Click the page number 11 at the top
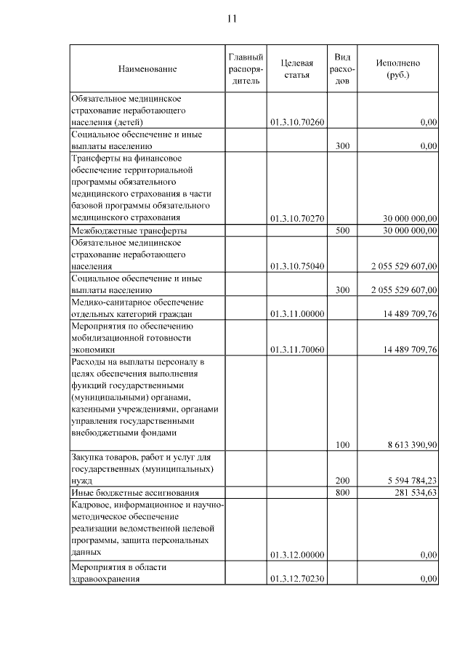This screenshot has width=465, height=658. click(x=232, y=18)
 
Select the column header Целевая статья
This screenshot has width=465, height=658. click(x=296, y=68)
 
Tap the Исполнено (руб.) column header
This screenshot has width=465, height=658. click(x=397, y=68)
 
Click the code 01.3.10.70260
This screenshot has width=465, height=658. click(x=296, y=122)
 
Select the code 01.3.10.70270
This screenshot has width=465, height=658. click(x=296, y=218)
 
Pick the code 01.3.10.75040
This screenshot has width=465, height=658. click(x=296, y=267)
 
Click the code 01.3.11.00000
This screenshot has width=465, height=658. click(x=296, y=313)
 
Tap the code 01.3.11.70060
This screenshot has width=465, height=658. click(x=296, y=350)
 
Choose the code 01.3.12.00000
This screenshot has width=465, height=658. click(x=296, y=555)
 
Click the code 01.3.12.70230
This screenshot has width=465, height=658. click(x=296, y=579)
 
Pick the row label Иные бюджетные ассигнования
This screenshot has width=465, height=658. click(x=134, y=494)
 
